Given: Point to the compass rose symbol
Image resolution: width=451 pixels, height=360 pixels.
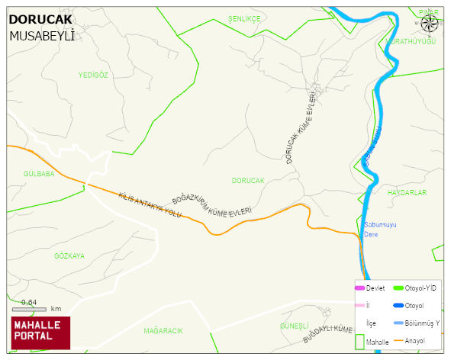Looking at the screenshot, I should coord(430,23).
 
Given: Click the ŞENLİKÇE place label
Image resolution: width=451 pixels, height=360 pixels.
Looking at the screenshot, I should coord(244,18).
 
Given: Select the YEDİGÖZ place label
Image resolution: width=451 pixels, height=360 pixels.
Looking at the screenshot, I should coord(94,75).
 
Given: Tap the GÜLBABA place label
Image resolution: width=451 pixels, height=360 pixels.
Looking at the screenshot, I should coord(40,174).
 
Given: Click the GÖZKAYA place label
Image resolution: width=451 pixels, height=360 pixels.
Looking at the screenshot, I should coord(69,256).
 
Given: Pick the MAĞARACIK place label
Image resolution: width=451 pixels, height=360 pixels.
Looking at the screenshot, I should coord(163,331).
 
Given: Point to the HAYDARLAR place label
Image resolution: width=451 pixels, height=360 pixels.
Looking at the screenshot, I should coord(407,193).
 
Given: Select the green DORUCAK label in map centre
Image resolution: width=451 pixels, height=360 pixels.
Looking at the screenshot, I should coord(248,181).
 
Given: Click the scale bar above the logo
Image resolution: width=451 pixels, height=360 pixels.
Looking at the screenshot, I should coord(29,309).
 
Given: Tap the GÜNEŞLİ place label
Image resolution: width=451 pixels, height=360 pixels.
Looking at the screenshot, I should coord(294,326).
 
